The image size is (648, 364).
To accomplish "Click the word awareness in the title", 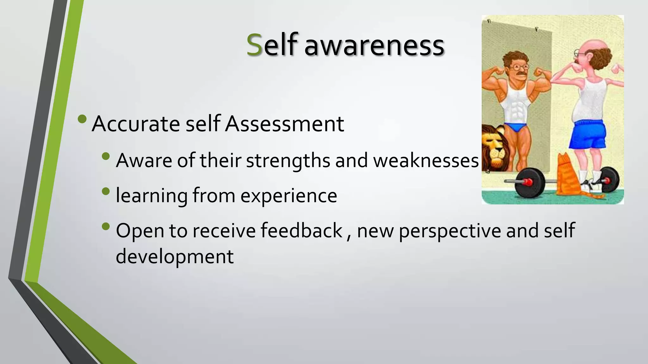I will tap(374, 46).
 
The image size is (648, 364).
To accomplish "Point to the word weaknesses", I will tap(426, 161).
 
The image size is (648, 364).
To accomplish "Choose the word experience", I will tap(289, 196).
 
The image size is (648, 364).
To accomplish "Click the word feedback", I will tap(302, 230).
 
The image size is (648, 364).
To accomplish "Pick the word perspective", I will tap(450, 231).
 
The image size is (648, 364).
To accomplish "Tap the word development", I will tap(175, 256).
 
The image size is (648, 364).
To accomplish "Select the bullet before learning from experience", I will tap(106, 191).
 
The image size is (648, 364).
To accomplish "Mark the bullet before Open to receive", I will tap(106, 226).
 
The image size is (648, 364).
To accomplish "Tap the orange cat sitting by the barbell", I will tap(568, 177).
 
